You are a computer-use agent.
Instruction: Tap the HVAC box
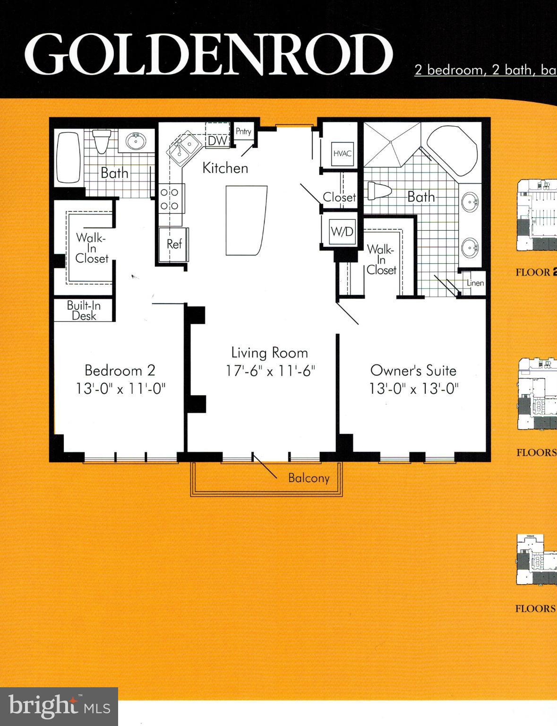click(x=342, y=154)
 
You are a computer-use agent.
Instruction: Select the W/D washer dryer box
click(x=342, y=232)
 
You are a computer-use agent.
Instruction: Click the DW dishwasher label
click(x=217, y=140)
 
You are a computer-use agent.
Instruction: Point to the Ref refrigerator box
click(x=174, y=244)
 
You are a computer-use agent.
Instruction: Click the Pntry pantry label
click(x=243, y=132)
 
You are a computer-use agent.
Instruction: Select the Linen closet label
click(x=475, y=283)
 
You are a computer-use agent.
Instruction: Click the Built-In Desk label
click(x=84, y=311)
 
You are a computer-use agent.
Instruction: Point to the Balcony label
click(x=308, y=478)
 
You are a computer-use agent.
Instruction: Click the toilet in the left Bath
click(x=101, y=140)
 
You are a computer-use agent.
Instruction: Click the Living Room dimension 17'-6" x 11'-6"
click(x=270, y=371)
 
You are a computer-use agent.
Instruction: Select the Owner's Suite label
click(x=413, y=370)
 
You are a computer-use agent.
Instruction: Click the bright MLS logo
click(x=59, y=706)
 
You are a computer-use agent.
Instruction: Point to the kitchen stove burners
click(x=170, y=199)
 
